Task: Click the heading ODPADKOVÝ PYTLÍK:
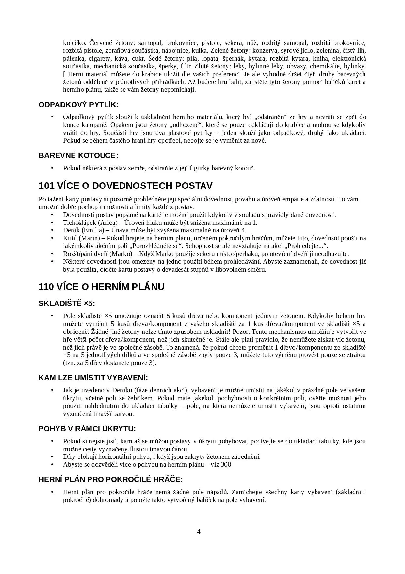(78, 105)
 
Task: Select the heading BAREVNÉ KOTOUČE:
(78, 155)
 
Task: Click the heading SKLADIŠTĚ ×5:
(67, 303)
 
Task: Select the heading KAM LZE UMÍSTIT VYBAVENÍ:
(93, 378)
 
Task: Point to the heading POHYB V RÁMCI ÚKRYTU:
(87, 429)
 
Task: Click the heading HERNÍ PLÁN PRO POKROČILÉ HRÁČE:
(110, 479)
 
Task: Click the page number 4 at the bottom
(199, 531)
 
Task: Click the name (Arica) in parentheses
(107, 223)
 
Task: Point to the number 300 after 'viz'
(226, 465)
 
